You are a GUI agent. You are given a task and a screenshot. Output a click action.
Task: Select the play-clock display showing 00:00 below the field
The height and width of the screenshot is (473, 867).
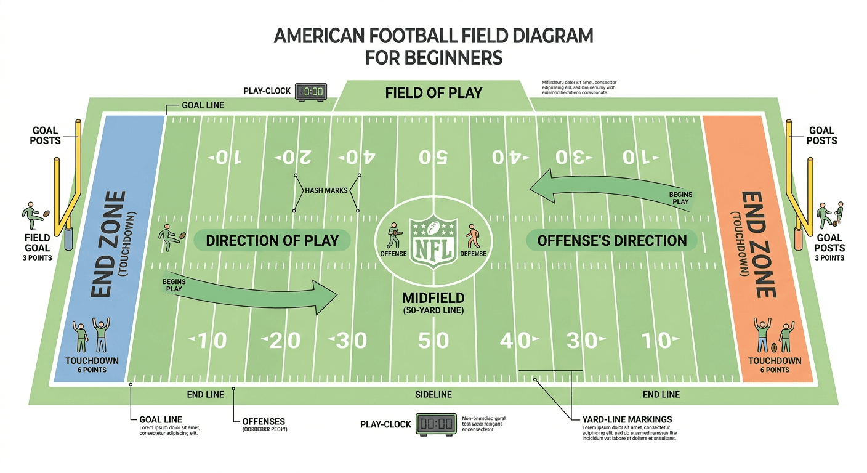click(x=435, y=424)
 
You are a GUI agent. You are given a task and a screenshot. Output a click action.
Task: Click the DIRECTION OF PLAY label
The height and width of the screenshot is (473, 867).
click(x=272, y=240)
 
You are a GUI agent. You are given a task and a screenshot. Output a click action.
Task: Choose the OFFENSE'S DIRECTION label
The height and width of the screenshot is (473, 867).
click(x=612, y=240)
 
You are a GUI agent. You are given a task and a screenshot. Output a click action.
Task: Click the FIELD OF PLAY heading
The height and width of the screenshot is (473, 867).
click(x=433, y=93)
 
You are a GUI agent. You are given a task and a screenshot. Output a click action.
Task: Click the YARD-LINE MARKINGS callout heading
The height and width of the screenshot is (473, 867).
click(x=626, y=419)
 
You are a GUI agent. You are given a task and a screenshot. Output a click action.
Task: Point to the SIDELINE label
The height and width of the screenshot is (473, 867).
click(x=433, y=394)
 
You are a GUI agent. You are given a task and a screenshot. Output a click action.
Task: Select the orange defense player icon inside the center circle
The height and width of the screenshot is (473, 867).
click(x=472, y=236)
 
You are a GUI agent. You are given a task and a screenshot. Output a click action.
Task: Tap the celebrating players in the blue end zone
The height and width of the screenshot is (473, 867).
click(x=91, y=336)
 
